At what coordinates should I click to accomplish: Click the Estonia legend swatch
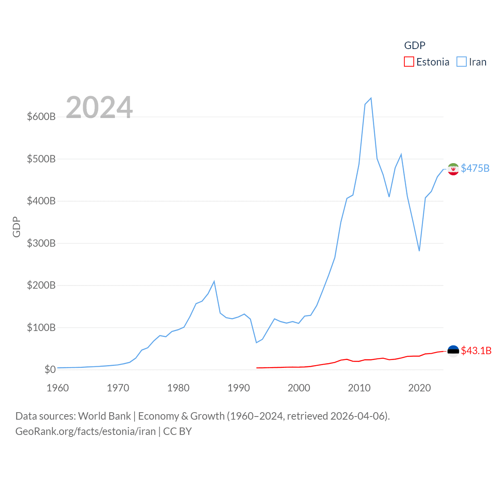409,62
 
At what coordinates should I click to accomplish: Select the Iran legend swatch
462,62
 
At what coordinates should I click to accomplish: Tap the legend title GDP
415,45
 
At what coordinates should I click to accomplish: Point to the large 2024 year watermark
99,107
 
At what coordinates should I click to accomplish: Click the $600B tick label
41,116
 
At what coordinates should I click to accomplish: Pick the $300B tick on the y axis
41,243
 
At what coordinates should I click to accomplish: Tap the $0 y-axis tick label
50,369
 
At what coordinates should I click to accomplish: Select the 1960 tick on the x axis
58,388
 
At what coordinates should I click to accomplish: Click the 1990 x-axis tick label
238,388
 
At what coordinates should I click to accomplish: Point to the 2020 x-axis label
419,388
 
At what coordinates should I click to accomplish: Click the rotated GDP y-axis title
16,227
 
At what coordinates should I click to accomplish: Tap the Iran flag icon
453,169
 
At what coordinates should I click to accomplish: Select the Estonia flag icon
453,351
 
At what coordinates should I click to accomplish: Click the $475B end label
475,168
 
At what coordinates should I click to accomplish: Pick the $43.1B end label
476,351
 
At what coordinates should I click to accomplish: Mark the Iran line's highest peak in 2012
371,98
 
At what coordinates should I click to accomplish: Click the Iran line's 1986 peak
214,281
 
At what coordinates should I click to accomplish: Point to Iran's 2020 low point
419,251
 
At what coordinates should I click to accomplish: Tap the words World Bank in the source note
104,416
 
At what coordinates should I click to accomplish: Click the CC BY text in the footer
177,431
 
